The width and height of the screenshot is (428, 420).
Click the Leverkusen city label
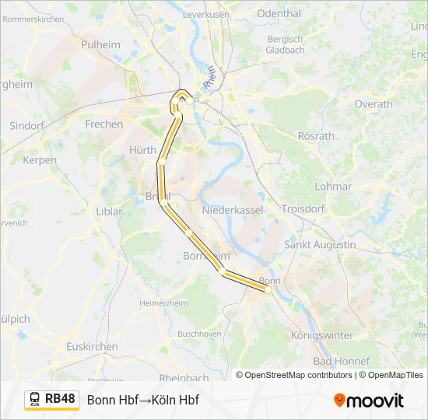point(205,14)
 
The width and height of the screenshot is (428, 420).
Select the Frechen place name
point(103,124)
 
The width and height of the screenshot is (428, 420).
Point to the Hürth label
point(142,150)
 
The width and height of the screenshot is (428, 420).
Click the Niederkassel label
point(233,210)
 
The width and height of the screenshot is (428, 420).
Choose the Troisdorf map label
point(302,210)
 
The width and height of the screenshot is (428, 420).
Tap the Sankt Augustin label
point(320,244)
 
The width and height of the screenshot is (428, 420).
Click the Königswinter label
point(321,335)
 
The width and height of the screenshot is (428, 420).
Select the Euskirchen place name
point(92,346)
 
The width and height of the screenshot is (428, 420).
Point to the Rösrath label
point(316,135)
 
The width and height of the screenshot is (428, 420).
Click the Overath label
point(374,103)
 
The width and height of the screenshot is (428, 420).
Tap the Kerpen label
point(40,160)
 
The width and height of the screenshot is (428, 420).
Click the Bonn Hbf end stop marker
point(268,289)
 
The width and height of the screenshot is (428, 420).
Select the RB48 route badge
point(60,399)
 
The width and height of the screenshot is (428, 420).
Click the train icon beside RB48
point(35,400)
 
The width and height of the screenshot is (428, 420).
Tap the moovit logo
point(369,401)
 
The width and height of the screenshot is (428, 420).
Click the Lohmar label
point(334,186)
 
